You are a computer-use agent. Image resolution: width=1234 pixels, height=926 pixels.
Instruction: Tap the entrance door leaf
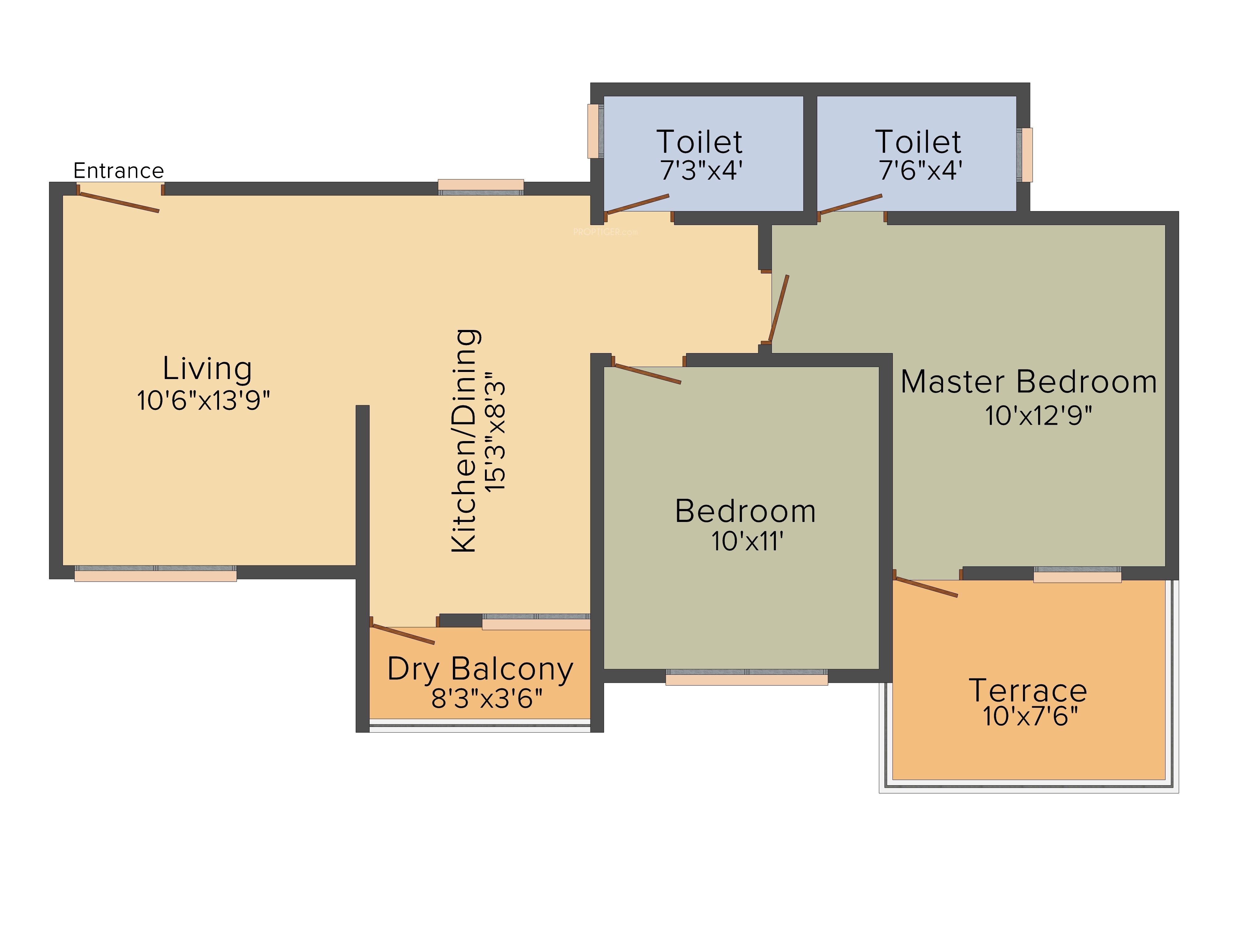(x=119, y=202)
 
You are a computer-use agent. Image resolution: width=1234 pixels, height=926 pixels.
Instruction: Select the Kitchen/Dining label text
(x=464, y=441)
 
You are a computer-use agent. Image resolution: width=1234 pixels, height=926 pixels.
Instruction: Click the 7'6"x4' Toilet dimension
(x=921, y=170)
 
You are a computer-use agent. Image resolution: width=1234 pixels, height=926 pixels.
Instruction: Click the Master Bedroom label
(x=1029, y=382)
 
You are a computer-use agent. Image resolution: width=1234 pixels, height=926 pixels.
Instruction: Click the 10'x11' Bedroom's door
(x=647, y=374)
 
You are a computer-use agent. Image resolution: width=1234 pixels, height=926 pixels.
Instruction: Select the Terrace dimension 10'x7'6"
(x=1030, y=716)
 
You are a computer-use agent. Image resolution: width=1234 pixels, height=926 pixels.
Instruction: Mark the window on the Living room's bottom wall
(x=156, y=573)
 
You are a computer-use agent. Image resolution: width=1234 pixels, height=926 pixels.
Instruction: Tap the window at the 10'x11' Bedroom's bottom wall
(x=747, y=677)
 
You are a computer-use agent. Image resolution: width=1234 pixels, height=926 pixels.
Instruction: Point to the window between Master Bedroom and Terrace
(x=1077, y=574)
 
